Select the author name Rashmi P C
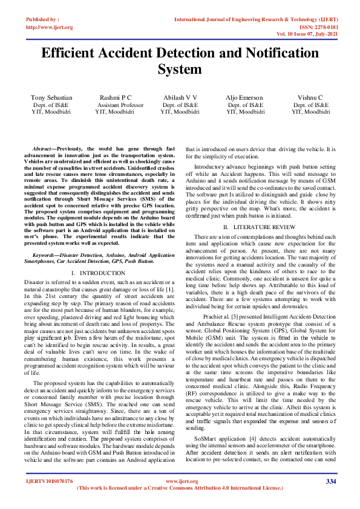pyautogui.click(x=116, y=97)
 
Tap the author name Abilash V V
pyautogui.click(x=180, y=97)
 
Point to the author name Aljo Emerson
pyautogui.click(x=246, y=97)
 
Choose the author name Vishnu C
pyautogui.click(x=310, y=97)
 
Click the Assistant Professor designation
pyautogui.click(x=120, y=105)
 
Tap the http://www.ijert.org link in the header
pyautogui.click(x=50, y=27)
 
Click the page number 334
pyautogui.click(x=330, y=481)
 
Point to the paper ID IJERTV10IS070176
pyautogui.click(x=49, y=481)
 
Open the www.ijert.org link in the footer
pyautogui.click(x=180, y=481)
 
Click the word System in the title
pyautogui.click(x=180, y=70)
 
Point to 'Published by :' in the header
pyautogui.click(x=43, y=20)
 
